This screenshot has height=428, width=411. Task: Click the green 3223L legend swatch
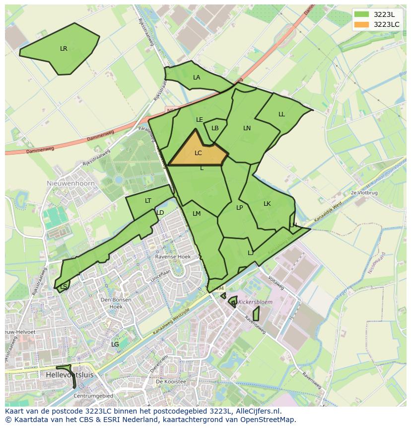[361, 14]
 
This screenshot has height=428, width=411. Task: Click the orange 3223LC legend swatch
[361, 24]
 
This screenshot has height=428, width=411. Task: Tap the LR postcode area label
[64, 49]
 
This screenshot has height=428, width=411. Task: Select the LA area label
[197, 78]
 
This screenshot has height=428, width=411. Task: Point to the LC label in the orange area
[198, 153]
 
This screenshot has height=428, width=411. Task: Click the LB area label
[215, 128]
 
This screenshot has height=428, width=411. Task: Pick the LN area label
[247, 128]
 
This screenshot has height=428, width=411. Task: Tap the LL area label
[281, 114]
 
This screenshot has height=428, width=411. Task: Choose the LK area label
[267, 204]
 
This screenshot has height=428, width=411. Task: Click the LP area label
[239, 208]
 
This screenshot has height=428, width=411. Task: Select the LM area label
[197, 214]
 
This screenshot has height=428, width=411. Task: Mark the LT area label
[148, 201]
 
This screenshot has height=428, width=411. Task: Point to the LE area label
[200, 120]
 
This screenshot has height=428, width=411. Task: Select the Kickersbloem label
[255, 302]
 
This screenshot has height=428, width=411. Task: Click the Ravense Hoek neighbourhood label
[173, 257]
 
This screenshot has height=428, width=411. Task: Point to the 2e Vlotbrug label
[364, 192]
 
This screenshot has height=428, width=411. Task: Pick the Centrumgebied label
[93, 396]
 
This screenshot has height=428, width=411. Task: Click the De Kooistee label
[170, 382]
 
